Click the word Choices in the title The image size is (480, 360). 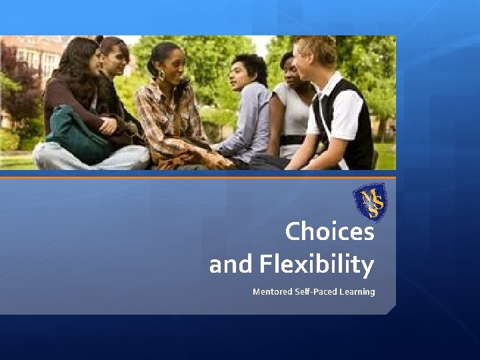(329, 232)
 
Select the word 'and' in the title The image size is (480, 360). (230, 265)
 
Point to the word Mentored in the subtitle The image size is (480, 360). (272, 291)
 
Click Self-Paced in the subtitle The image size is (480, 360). (316, 291)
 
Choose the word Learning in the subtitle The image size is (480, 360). (358, 291)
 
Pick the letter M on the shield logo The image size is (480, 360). (365, 195)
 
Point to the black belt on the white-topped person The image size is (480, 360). (291, 140)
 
